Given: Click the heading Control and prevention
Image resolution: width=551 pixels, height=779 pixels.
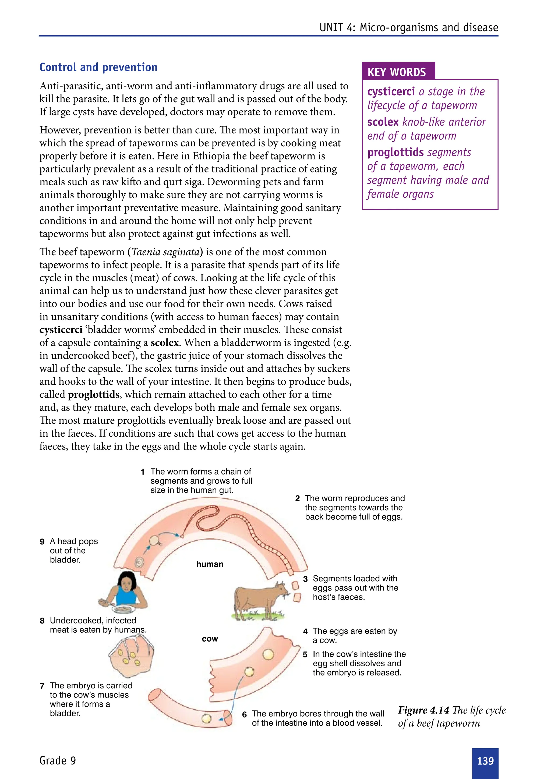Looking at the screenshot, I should (98, 67).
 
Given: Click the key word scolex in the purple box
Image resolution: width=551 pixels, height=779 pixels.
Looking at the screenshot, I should (383, 122).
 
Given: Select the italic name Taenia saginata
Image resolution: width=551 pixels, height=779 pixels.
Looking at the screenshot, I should (165, 252).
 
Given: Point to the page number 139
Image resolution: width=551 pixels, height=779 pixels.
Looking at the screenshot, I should (485, 761).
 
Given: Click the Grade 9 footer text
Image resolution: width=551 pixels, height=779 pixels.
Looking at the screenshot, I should (58, 760).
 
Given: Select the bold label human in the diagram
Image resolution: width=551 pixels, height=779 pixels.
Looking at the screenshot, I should (210, 564).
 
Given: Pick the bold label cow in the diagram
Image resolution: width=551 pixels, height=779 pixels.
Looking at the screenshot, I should (210, 639).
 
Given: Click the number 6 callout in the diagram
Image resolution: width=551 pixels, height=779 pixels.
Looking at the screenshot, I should (244, 714).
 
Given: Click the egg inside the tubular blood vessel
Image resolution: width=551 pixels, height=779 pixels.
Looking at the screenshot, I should (206, 718).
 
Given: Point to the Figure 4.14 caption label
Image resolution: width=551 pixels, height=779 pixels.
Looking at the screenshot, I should (423, 710).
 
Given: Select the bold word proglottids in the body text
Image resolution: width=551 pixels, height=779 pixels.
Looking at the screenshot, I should (94, 395).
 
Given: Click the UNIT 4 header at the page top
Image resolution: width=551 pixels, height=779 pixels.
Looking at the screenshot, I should (408, 27).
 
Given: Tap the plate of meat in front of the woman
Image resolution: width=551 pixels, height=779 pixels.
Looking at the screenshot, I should (123, 609).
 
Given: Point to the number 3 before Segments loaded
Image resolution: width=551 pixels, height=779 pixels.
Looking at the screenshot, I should (305, 579).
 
